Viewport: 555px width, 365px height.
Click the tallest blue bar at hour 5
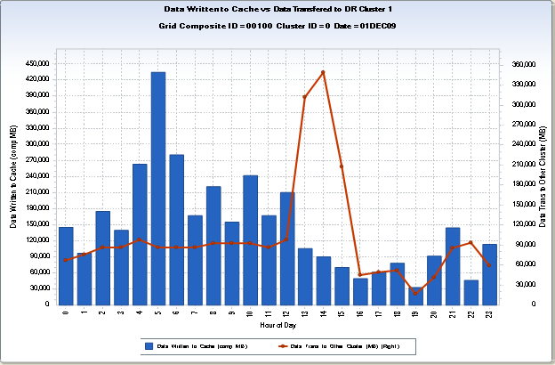tap(158, 187)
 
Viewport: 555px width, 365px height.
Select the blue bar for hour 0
tap(66, 265)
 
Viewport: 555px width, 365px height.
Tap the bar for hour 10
tap(250, 239)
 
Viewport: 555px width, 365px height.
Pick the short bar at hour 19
tap(416, 296)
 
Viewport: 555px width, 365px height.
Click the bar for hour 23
tap(489, 273)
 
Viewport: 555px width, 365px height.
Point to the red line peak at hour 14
tap(324, 72)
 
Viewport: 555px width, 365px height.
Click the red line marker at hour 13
tap(305, 97)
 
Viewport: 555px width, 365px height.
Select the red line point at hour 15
tap(342, 166)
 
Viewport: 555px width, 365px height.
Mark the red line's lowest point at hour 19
tap(416, 293)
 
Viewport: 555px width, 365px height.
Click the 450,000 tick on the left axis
tap(38, 64)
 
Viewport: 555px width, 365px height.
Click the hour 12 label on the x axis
tap(286, 313)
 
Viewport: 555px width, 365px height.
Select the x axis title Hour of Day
tap(277, 326)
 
